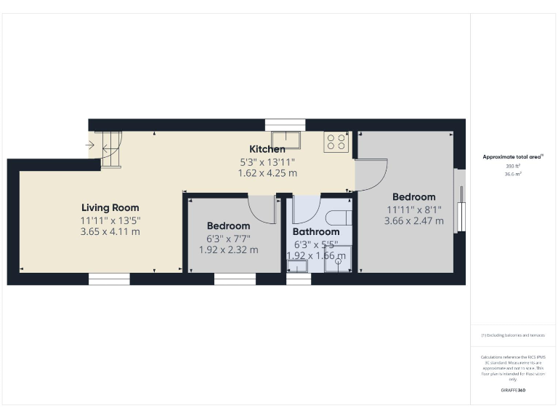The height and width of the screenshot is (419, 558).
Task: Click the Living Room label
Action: point(110,207)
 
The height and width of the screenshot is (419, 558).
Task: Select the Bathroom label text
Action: point(316,232)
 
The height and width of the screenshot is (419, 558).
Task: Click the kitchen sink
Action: point(288,139)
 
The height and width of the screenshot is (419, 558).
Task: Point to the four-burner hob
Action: point(336,141)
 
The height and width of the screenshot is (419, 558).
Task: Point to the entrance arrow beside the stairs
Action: point(89,145)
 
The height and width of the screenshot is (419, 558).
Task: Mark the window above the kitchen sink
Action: point(285,124)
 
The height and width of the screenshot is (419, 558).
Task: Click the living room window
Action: point(109,279)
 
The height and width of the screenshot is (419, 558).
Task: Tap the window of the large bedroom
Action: point(458,201)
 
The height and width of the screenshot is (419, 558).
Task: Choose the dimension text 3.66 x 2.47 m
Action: point(413,220)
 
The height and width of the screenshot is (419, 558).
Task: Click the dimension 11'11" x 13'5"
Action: point(110,220)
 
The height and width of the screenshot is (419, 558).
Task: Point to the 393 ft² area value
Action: point(513,167)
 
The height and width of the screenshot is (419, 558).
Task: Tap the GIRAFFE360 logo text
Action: point(513,391)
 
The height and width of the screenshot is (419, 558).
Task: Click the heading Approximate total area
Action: point(513,156)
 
